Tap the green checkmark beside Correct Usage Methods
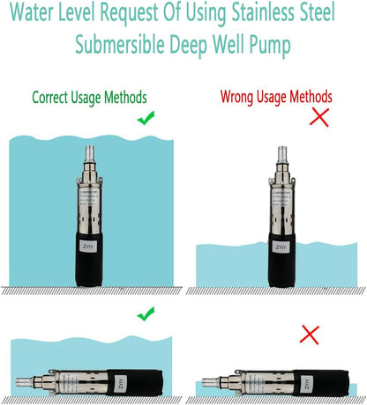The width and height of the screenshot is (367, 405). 146,116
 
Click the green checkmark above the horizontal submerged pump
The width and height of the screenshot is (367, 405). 146,313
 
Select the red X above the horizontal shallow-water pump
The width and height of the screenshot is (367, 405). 309,335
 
